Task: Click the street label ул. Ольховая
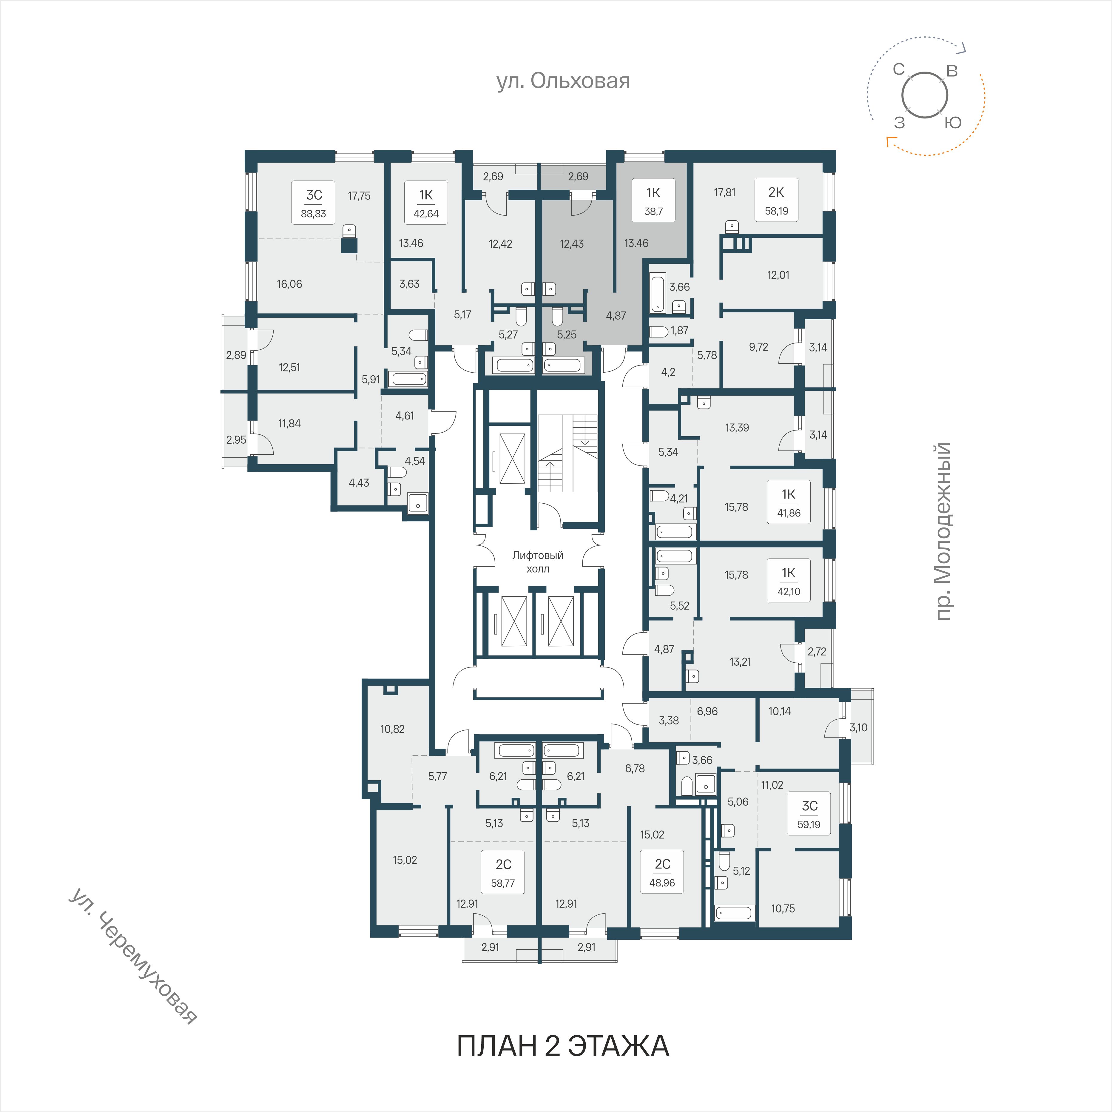(563, 81)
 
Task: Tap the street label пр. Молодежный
(942, 531)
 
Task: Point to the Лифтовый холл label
(538, 562)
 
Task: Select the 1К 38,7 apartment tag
(653, 201)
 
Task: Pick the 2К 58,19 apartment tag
(776, 201)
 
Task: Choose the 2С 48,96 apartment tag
(662, 872)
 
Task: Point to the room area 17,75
(359, 196)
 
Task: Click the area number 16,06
(289, 284)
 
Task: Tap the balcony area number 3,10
(858, 727)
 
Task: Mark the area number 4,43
(359, 483)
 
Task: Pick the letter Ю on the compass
(953, 123)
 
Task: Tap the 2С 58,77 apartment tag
(503, 872)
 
